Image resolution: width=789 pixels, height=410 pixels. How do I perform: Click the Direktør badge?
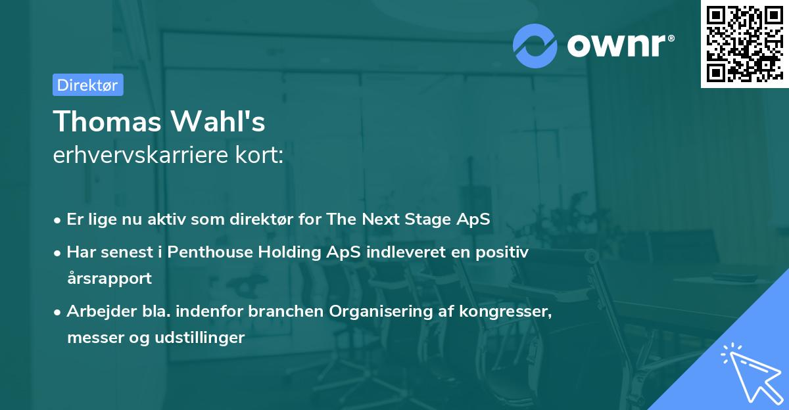pos(87,85)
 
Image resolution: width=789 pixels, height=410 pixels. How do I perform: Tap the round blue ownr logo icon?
pos(535,45)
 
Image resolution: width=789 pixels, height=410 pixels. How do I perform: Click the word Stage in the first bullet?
pos(431,219)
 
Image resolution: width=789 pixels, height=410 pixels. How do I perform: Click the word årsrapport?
pos(109,278)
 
